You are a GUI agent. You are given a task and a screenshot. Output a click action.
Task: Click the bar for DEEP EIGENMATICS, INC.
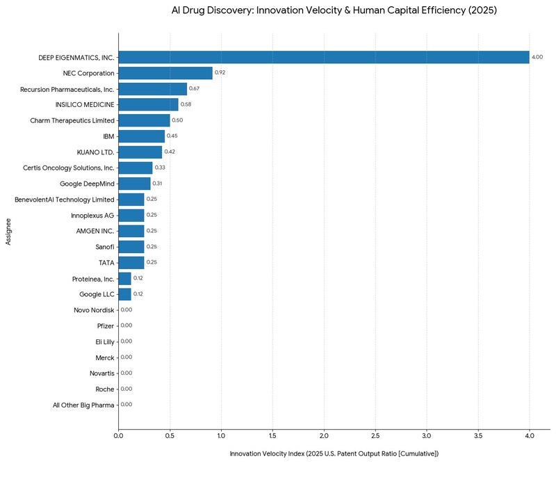324,57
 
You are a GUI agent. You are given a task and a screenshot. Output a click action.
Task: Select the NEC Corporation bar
165,73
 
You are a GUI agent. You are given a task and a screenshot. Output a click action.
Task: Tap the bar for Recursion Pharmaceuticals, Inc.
153,89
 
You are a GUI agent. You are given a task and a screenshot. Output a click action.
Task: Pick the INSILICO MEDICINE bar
148,104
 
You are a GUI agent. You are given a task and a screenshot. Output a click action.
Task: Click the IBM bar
142,136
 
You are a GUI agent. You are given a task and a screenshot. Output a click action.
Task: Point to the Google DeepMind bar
134,184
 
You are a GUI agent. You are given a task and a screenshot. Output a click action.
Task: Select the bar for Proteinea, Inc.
124,278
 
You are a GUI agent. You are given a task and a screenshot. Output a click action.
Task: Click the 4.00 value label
537,57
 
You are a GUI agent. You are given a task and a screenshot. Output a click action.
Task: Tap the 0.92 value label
220,73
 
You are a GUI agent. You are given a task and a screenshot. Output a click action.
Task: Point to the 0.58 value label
186,104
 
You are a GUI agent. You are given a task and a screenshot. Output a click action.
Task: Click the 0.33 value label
160,168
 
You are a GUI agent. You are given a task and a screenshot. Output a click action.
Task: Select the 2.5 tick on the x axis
375,436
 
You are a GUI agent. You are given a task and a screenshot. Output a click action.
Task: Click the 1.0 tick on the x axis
221,436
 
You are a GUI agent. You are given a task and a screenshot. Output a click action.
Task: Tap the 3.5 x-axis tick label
478,436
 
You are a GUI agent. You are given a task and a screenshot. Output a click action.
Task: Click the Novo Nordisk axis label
94,309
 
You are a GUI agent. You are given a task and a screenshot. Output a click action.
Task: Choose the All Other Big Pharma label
83,404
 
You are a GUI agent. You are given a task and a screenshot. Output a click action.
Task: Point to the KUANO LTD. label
96,152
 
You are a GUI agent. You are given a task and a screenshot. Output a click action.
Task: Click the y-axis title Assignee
8,230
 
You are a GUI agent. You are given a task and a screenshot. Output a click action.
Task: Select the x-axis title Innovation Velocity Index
334,454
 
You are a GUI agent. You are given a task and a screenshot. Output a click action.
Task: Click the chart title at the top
334,11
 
